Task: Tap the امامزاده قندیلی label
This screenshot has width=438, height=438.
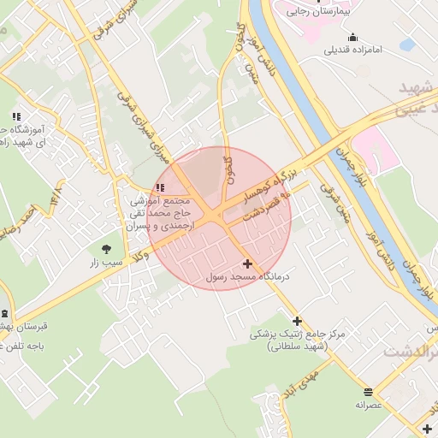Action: (353, 50)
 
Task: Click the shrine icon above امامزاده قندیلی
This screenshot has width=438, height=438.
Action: (352, 37)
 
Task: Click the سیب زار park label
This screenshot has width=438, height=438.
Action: (108, 263)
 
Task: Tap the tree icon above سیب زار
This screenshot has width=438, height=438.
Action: (107, 249)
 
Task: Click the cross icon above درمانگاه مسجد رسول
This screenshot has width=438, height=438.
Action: (248, 264)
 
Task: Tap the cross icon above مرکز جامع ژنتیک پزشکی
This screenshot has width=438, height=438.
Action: (297, 321)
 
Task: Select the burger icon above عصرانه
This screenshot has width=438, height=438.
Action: (369, 390)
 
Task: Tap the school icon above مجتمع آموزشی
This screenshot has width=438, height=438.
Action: (160, 187)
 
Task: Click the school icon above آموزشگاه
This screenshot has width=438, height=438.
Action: (15, 116)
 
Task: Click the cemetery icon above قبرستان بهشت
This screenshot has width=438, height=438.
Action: (4, 314)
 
